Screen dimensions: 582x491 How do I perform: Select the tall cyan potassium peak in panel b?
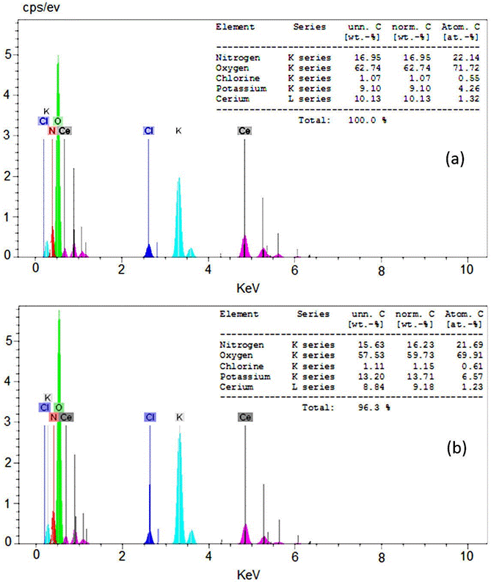point(179,484)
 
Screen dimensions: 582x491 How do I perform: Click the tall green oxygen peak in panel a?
point(58,147)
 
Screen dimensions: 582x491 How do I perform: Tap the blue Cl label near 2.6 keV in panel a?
point(149,131)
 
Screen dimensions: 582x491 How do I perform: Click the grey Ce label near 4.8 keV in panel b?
point(245,417)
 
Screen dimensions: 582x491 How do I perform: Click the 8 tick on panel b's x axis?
point(381,556)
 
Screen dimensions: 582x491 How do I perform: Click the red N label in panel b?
point(53,417)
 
